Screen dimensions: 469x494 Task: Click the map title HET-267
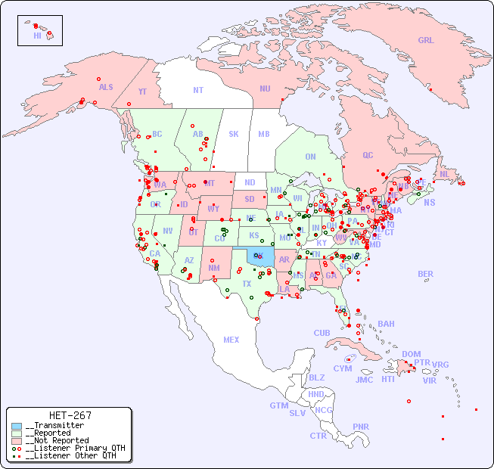tap(70, 415)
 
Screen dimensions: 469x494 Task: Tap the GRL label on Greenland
tap(426, 41)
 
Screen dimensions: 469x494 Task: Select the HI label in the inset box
tap(37, 35)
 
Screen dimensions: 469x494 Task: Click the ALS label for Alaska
tap(106, 87)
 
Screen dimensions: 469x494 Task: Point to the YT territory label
tap(142, 92)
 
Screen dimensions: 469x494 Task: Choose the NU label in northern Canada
tap(265, 89)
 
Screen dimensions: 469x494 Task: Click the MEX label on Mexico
tap(231, 340)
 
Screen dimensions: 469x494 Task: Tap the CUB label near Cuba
tap(322, 333)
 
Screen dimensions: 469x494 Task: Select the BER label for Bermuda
tap(425, 274)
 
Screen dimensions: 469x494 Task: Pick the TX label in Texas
tap(247, 284)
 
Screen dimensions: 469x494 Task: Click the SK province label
tap(234, 134)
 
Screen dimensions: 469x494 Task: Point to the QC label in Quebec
tap(368, 155)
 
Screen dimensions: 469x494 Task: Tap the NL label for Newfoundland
tap(444, 173)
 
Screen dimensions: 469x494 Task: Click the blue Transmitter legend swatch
tap(17, 426)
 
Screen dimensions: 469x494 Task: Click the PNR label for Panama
tap(361, 427)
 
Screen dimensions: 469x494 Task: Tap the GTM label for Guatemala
tap(278, 405)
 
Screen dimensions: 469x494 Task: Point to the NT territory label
tap(198, 90)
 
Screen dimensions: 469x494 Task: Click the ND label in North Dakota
tap(250, 183)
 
